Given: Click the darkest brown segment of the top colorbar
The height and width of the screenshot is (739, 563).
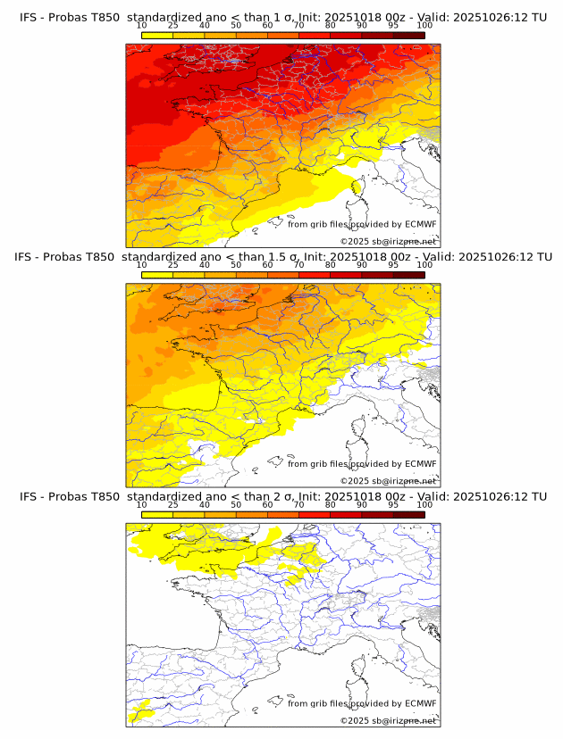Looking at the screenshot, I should (408, 34).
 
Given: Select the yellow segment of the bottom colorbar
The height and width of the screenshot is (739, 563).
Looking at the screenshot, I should (156, 515).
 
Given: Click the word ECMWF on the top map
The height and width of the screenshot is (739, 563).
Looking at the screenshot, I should (420, 225).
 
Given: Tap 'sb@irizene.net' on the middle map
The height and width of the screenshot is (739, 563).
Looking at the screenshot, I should (405, 480).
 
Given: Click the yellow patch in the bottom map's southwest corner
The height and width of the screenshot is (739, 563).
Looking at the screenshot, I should (139, 713).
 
